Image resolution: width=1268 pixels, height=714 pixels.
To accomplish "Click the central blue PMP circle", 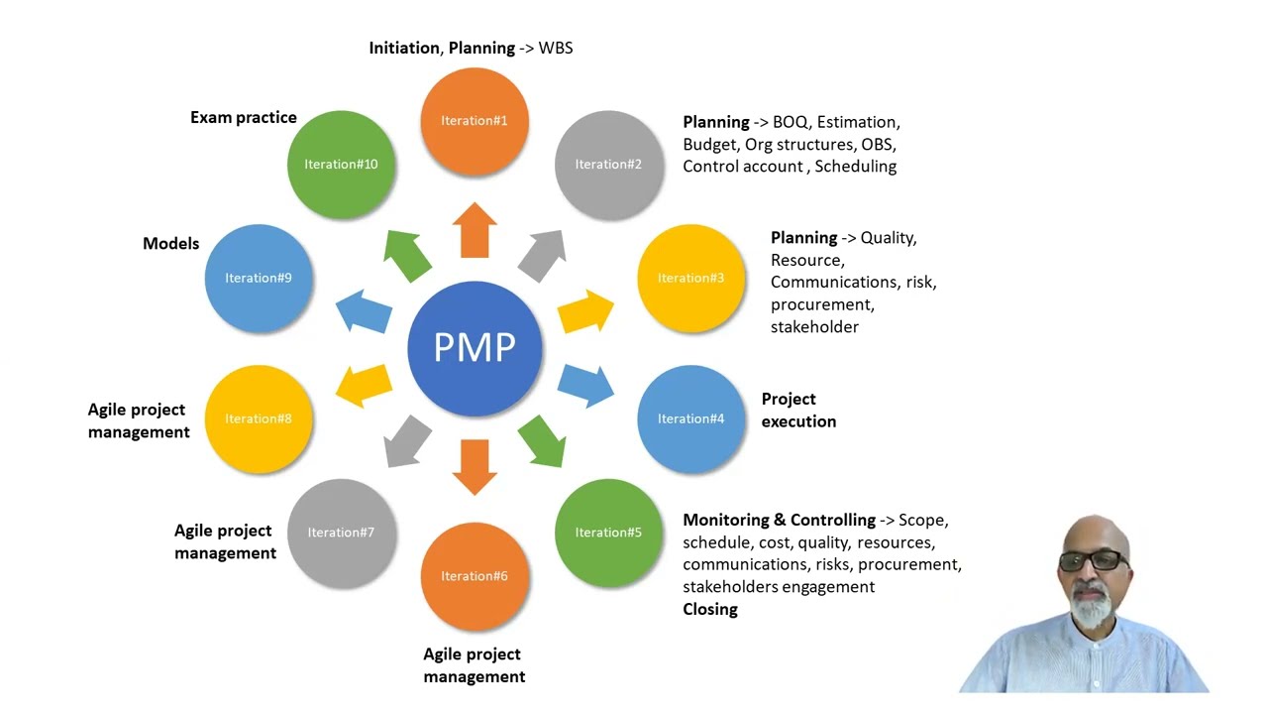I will (475, 348).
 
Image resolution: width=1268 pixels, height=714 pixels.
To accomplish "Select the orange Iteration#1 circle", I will (475, 121).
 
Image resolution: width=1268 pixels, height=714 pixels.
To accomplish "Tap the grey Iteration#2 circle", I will (608, 165).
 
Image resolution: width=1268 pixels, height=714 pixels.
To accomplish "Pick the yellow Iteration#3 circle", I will (690, 278).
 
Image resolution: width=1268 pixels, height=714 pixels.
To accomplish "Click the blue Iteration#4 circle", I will (690, 418).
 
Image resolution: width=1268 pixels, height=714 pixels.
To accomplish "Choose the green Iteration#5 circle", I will (608, 533).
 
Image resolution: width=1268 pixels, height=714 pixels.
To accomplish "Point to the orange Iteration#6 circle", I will (475, 576).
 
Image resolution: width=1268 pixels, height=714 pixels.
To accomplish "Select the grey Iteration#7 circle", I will (341, 533).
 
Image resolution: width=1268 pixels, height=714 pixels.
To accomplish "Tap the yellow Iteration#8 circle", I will (259, 418).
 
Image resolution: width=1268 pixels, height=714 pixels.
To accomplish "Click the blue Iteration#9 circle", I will (259, 278).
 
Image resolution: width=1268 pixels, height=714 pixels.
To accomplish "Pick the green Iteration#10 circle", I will (341, 165).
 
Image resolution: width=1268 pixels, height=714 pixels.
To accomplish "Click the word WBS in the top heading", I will (556, 48).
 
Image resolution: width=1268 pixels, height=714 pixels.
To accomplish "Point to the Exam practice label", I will (244, 117).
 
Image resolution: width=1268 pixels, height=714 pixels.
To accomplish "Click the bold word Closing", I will (710, 609).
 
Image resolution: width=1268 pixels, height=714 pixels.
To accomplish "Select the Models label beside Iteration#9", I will (171, 243).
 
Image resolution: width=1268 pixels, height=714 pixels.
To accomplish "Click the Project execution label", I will (798, 410).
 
